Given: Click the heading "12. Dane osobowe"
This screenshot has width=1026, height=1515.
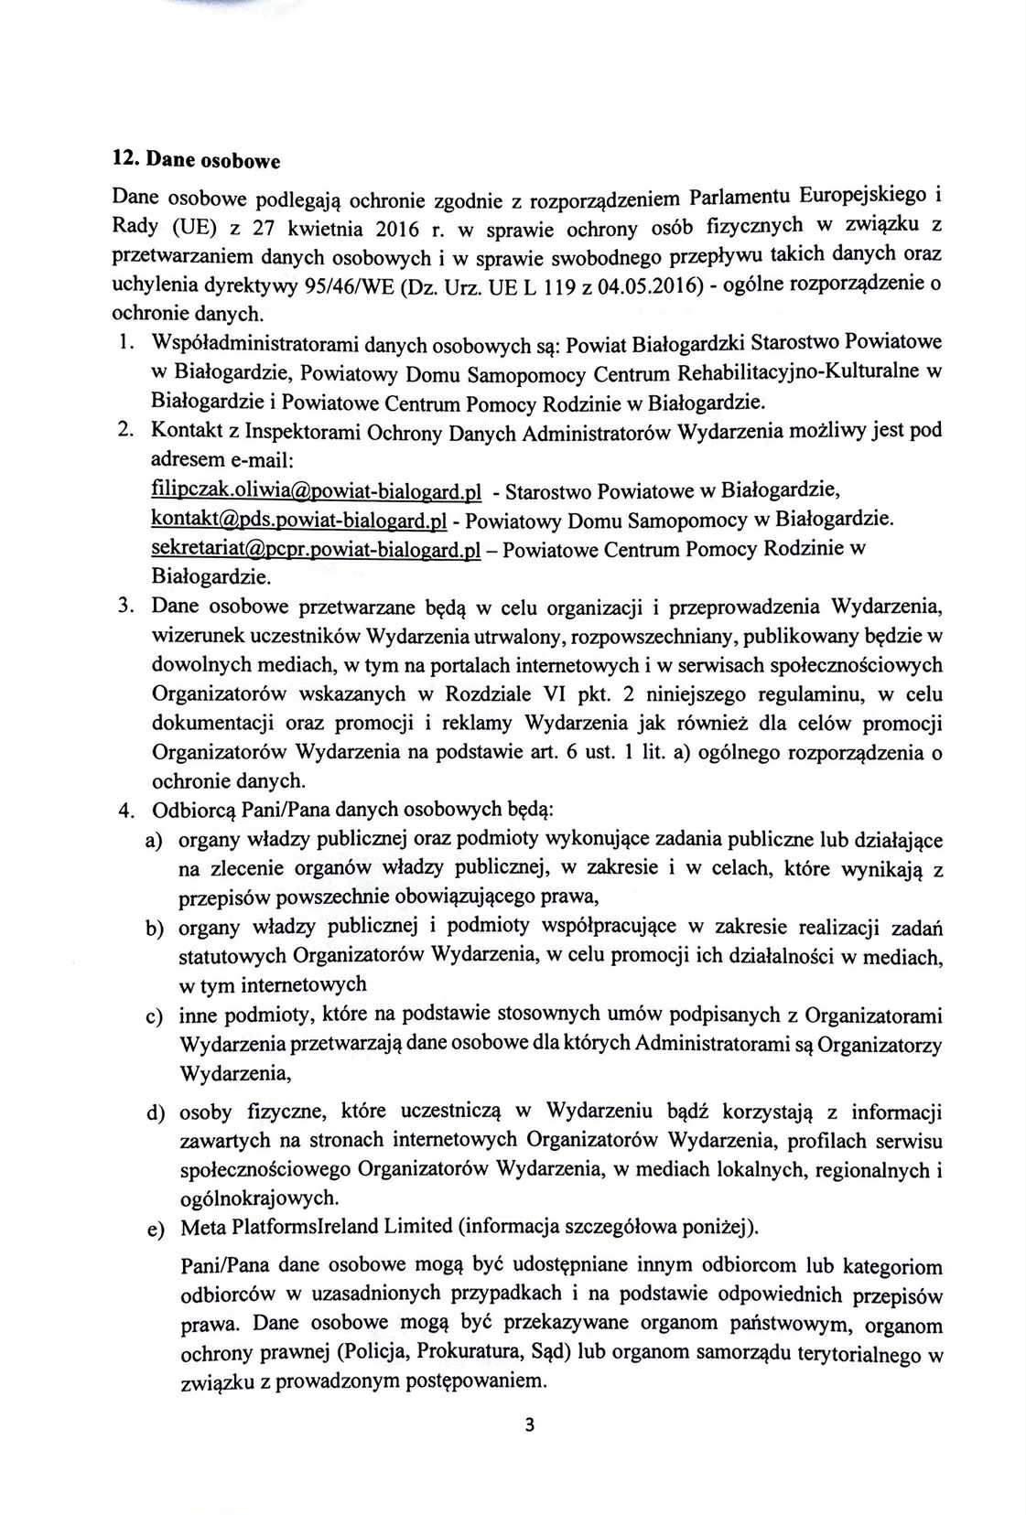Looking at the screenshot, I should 194,160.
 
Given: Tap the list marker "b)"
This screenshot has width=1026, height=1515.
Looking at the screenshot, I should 155,929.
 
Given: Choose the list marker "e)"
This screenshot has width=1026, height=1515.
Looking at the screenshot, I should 155,1229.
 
